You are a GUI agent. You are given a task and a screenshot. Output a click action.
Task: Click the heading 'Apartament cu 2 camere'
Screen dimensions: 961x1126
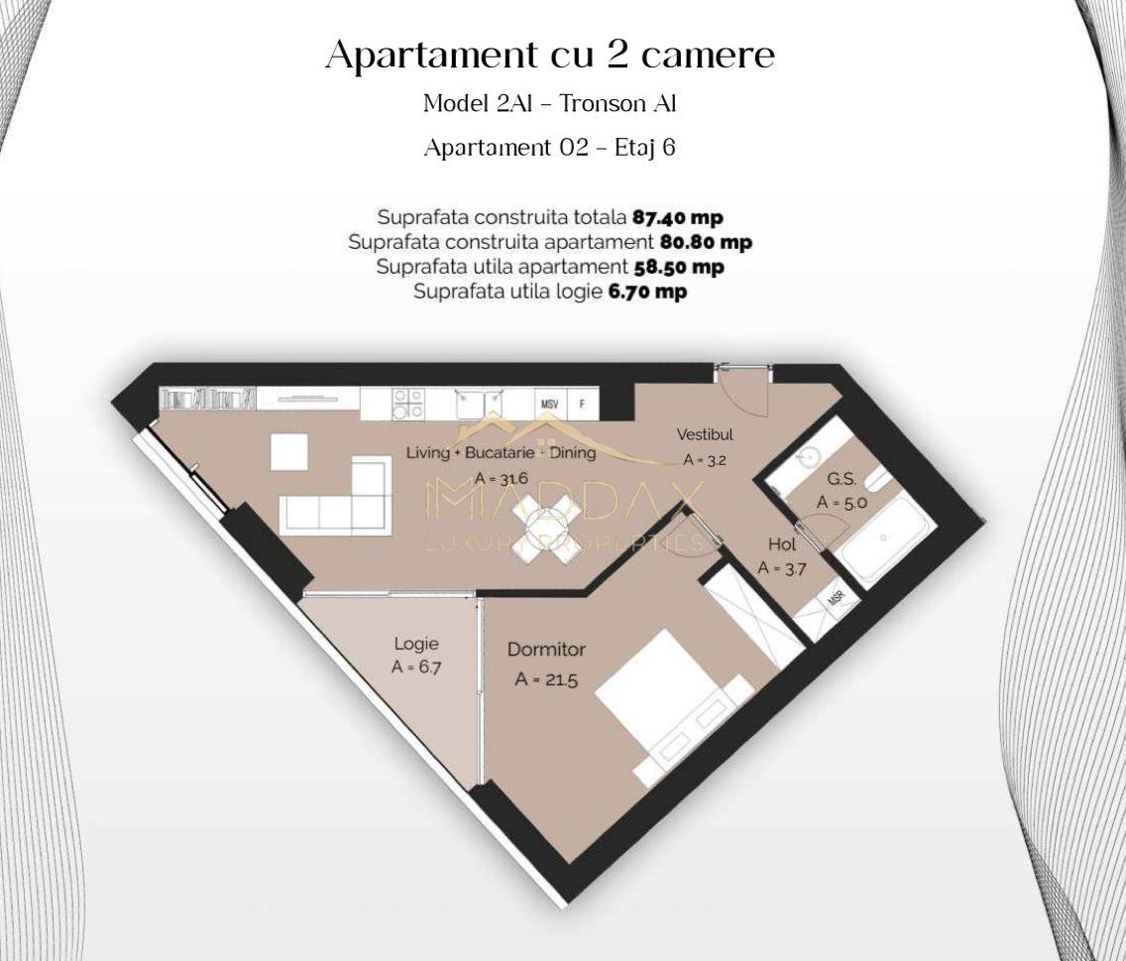click(550, 56)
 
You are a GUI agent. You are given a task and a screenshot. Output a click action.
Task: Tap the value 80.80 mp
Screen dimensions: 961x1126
click(706, 242)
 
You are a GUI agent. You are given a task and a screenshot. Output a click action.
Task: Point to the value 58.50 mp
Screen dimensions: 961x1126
click(678, 267)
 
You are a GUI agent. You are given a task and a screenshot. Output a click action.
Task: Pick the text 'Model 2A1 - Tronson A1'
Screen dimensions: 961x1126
click(550, 103)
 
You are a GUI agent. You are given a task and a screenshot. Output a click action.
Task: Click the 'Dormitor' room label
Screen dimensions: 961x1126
click(546, 650)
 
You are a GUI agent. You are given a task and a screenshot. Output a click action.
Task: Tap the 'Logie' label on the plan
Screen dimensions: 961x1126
click(416, 644)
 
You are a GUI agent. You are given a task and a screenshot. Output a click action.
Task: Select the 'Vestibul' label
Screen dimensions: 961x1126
click(705, 434)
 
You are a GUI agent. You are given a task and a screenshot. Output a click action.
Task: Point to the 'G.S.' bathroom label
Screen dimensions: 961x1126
click(842, 478)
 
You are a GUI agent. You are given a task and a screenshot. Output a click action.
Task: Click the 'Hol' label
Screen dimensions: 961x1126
click(782, 543)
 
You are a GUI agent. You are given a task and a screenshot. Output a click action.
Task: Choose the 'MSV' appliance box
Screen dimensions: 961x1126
click(549, 405)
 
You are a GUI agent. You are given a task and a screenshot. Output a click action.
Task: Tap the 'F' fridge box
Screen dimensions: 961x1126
click(583, 405)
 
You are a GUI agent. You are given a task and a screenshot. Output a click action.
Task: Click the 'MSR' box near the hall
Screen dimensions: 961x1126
click(836, 600)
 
